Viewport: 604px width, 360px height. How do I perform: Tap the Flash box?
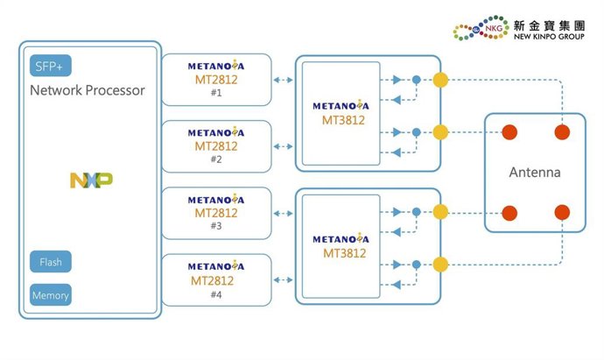click(50, 261)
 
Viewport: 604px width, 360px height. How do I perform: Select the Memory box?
click(50, 295)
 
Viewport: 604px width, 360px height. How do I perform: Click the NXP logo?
click(91, 180)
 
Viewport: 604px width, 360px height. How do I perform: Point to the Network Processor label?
click(88, 90)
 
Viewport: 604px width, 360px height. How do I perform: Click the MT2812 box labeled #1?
click(216, 80)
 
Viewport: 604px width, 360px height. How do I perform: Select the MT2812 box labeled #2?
click(216, 146)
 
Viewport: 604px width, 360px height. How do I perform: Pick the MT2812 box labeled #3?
click(216, 213)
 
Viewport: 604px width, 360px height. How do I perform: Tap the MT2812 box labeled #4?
click(216, 279)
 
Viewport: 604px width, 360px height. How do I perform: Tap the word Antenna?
click(534, 173)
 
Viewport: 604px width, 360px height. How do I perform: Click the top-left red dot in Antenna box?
click(508, 132)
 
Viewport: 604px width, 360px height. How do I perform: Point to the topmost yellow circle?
click(440, 80)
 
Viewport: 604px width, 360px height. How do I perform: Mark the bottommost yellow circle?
click(440, 263)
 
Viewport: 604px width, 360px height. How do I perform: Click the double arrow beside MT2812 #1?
click(283, 81)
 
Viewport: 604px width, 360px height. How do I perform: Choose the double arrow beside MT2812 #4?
click(283, 279)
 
